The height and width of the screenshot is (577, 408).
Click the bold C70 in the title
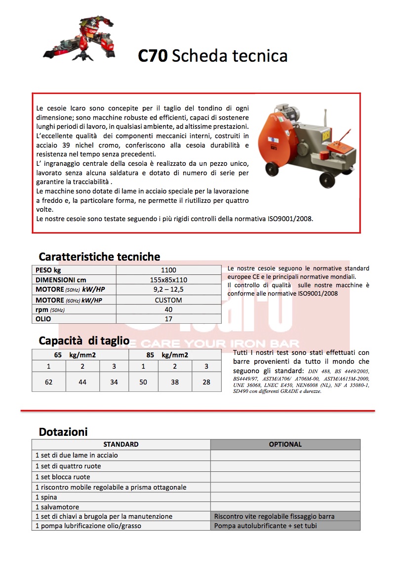[x=153, y=56]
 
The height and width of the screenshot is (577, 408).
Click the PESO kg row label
[x=48, y=270]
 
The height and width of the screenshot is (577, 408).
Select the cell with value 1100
[x=168, y=270]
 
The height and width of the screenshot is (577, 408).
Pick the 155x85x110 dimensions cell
[x=168, y=280]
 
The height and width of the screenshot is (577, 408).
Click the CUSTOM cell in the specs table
[x=168, y=300]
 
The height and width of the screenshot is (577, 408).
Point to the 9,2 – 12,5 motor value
[x=168, y=290]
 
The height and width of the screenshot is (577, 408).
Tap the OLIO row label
[x=43, y=319]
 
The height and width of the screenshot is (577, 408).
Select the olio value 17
[x=168, y=319]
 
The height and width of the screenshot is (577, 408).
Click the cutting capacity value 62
[x=48, y=382]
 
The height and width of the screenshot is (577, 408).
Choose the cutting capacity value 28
[x=206, y=382]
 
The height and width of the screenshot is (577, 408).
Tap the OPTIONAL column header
[x=285, y=444]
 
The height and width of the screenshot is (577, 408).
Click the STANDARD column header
[x=121, y=444]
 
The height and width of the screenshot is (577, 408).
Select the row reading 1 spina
[x=46, y=497]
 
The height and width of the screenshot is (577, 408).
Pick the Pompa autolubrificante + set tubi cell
[x=265, y=526]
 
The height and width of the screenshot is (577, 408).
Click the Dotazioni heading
[x=63, y=432]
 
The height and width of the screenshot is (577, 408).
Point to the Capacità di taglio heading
[x=84, y=341]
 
